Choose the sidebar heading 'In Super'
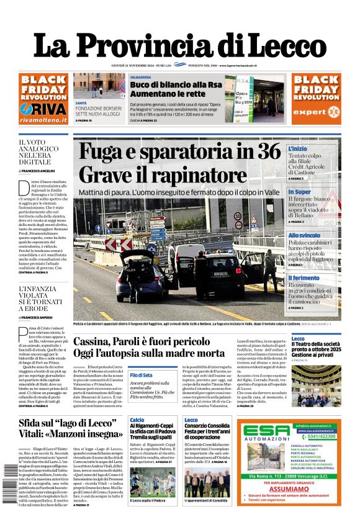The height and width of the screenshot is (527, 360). pyautogui.click(x=299, y=192)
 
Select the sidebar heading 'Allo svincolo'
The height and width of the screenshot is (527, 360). pyautogui.click(x=304, y=235)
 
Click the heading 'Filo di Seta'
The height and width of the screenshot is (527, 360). pyautogui.click(x=142, y=376)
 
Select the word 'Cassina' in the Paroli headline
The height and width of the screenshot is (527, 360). pyautogui.click(x=97, y=341)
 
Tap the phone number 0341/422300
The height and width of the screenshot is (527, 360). pyautogui.click(x=314, y=436)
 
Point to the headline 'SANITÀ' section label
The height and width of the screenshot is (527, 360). pyautogui.click(x=81, y=102)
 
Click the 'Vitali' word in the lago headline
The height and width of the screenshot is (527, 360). pyautogui.click(x=37, y=434)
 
